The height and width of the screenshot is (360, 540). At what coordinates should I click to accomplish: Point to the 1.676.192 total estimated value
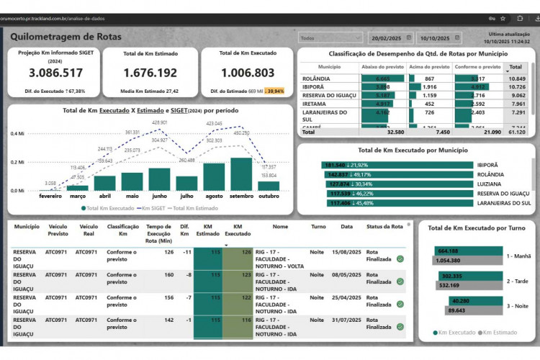click(150, 73)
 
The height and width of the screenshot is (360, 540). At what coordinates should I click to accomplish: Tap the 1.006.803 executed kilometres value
click(247, 73)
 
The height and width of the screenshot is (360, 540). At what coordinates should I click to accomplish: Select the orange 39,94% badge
click(275, 91)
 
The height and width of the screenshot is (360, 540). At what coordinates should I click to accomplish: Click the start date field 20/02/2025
click(387, 37)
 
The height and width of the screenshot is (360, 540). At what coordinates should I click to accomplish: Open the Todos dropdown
click(330, 37)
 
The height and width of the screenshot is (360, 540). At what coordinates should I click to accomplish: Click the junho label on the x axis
click(159, 196)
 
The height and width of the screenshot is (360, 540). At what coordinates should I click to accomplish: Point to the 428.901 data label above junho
click(160, 123)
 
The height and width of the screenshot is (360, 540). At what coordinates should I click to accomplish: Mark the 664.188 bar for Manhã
click(467, 251)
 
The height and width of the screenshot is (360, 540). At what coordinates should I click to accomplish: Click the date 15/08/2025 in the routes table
click(346, 251)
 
